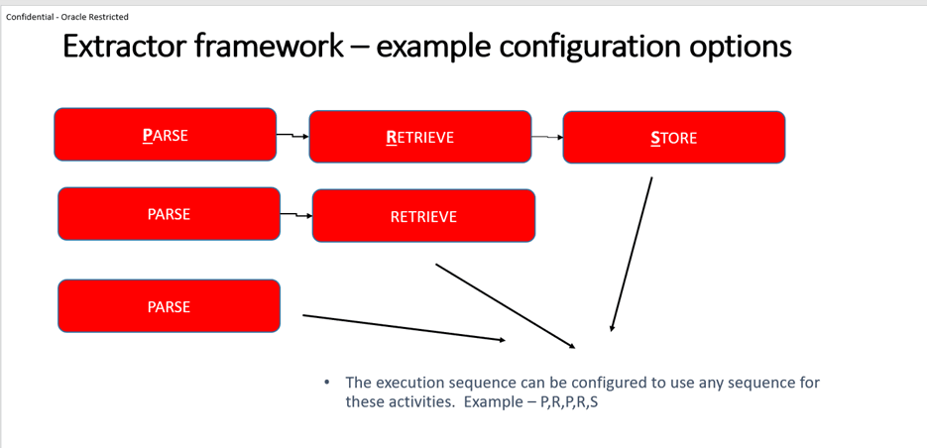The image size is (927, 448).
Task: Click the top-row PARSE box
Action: coord(165,135)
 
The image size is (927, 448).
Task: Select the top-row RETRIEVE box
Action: coord(419,137)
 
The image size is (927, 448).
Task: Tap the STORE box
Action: coord(673,138)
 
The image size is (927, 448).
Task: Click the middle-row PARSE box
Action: coord(169,214)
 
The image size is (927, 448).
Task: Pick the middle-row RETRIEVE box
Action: coord(423,216)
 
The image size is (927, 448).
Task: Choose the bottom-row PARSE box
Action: coord(169,306)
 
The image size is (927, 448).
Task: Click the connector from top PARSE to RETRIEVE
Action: coord(292,135)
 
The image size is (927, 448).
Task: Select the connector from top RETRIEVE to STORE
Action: coord(547,137)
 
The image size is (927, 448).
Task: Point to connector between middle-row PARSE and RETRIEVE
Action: coord(296,214)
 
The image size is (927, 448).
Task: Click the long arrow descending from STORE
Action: coord(632,254)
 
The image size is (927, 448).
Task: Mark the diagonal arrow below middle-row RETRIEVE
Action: coord(505,305)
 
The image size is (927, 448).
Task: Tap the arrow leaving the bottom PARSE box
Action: coord(403,328)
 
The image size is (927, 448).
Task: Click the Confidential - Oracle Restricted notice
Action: coord(67,17)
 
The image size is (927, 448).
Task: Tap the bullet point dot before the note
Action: coord(327,383)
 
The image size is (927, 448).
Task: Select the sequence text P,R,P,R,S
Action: coord(569,402)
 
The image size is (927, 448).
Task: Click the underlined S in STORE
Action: coord(655,139)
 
